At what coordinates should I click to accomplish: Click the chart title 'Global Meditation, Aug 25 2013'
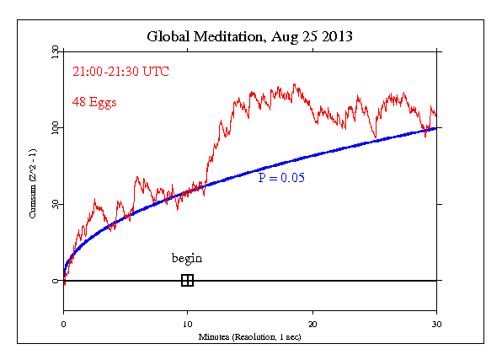[250, 36]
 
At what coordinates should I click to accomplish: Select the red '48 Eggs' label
[93, 102]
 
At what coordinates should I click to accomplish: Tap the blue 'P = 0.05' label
[281, 178]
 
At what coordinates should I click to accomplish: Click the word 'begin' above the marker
[187, 258]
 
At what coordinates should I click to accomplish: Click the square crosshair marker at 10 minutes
[187, 281]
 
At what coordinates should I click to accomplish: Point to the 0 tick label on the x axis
[64, 324]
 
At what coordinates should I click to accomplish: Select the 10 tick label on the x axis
[187, 324]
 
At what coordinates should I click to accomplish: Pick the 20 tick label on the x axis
[312, 324]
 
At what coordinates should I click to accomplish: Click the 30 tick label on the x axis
[436, 324]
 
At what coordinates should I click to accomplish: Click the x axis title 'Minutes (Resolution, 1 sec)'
[249, 336]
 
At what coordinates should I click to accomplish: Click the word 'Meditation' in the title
[231, 36]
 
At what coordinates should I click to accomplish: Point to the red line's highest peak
[294, 84]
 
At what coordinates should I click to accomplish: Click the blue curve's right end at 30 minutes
[436, 128]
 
